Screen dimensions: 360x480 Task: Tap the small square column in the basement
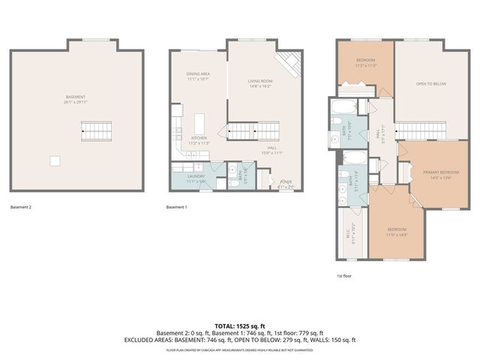coord(55,160)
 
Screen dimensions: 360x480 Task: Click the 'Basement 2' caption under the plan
coord(21,206)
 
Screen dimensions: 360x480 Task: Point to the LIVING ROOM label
coord(260,82)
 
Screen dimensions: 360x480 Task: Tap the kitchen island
coord(199,122)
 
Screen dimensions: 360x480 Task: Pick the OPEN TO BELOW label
coord(430,84)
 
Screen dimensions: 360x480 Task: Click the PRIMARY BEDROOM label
coord(434,173)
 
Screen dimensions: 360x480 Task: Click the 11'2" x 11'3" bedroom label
coord(365,61)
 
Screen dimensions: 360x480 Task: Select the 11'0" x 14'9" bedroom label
coord(396,231)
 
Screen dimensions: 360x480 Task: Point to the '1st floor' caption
coord(343,275)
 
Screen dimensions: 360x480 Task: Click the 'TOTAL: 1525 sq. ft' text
coord(239,326)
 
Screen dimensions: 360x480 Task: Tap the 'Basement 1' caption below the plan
coord(177,206)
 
